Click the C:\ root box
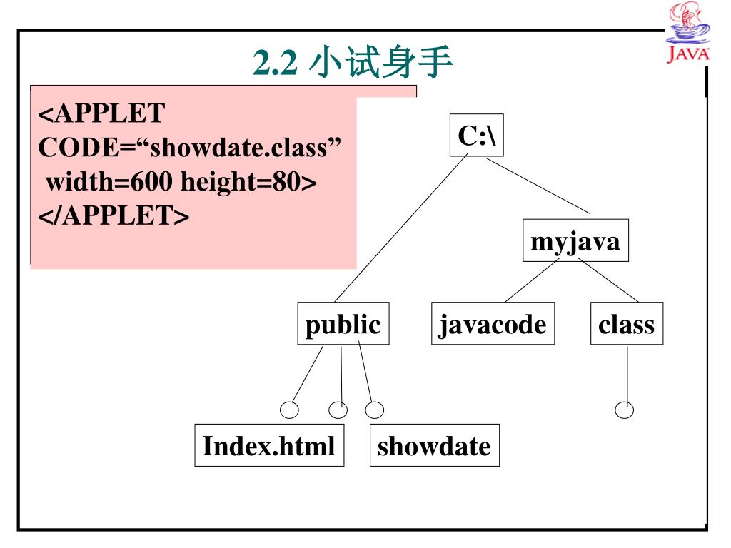pyautogui.click(x=476, y=135)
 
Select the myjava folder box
pyautogui.click(x=575, y=241)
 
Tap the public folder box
pyautogui.click(x=343, y=324)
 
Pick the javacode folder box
pyautogui.click(x=493, y=324)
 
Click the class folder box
pyautogui.click(x=626, y=324)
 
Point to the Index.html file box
pyautogui.click(x=268, y=446)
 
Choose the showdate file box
pyautogui.click(x=434, y=446)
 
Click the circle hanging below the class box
pyautogui.click(x=625, y=410)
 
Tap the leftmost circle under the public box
pyautogui.click(x=289, y=410)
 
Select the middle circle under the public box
pyautogui.click(x=338, y=410)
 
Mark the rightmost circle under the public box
pyautogui.click(x=374, y=410)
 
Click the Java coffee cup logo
pyautogui.click(x=688, y=32)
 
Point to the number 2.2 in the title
pyautogui.click(x=274, y=65)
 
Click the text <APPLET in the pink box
pyautogui.click(x=101, y=113)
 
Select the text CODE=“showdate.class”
pyautogui.click(x=189, y=148)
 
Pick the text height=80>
pyautogui.click(x=248, y=182)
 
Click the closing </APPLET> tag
pyautogui.click(x=114, y=215)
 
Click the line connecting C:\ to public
pyautogui.click(x=400, y=228)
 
